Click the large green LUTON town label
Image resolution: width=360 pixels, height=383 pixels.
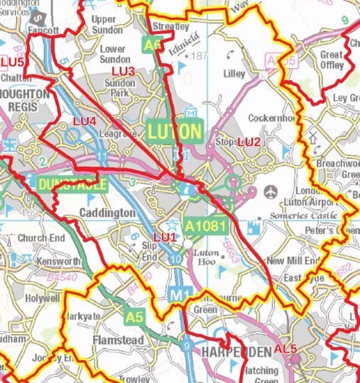[175, 131]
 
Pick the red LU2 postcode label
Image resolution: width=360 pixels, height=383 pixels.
[249, 143]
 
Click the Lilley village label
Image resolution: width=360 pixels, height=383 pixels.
[234, 74]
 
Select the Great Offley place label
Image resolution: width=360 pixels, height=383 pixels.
[332, 60]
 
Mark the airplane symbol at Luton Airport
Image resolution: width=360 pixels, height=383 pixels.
[271, 191]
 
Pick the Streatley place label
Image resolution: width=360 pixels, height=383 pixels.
[171, 26]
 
